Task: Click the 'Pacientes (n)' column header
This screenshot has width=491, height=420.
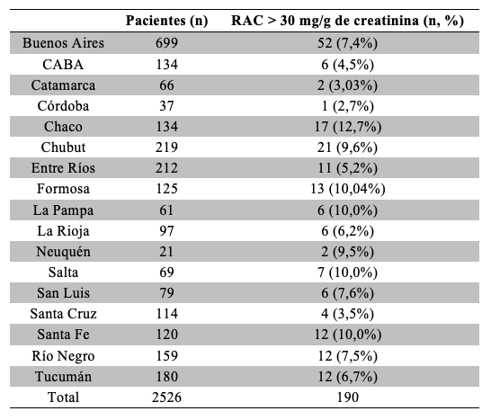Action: pyautogui.click(x=166, y=21)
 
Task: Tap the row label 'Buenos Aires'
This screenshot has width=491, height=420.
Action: pyautogui.click(x=63, y=43)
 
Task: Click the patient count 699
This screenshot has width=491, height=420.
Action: pyautogui.click(x=166, y=43)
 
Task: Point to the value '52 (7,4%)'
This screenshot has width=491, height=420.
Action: pyautogui.click(x=348, y=43)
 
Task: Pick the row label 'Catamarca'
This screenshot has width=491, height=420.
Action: pyautogui.click(x=63, y=85)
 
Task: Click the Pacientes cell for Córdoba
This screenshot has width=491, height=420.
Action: pyautogui.click(x=166, y=106)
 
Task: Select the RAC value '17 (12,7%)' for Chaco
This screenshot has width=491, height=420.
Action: pyautogui.click(x=348, y=127)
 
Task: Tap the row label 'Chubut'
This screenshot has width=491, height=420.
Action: pyautogui.click(x=63, y=147)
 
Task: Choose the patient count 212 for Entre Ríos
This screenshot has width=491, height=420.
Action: pyautogui.click(x=166, y=168)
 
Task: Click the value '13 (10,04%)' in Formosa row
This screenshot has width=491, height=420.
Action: pyautogui.click(x=348, y=189)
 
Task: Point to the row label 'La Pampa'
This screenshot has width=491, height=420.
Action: pyautogui.click(x=63, y=210)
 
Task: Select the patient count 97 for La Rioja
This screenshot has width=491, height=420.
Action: pyautogui.click(x=166, y=231)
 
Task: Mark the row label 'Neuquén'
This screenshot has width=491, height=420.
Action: pyautogui.click(x=63, y=252)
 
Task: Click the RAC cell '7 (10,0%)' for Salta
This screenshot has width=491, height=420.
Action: pyautogui.click(x=348, y=273)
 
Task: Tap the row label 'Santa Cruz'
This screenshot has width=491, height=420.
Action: pyautogui.click(x=63, y=314)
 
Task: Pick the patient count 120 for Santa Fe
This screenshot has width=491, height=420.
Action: pyautogui.click(x=166, y=335)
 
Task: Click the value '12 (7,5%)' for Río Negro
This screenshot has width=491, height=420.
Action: pyautogui.click(x=348, y=356)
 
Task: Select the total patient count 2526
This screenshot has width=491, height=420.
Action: pyautogui.click(x=166, y=398)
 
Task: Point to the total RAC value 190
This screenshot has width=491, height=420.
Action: pyautogui.click(x=348, y=398)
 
